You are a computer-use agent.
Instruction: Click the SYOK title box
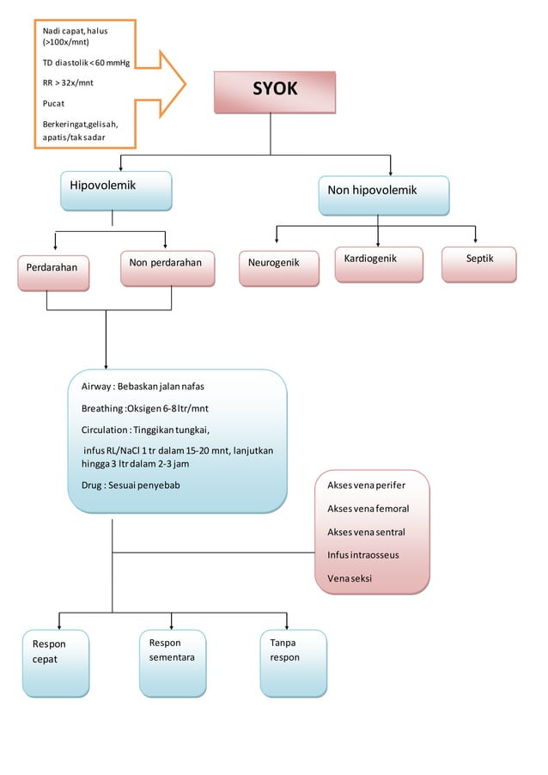[x=275, y=91]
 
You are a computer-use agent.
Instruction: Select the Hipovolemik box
[x=116, y=191]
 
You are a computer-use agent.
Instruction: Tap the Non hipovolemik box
[x=383, y=195]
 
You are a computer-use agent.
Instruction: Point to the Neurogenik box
[x=278, y=267]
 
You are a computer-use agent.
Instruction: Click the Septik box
[x=479, y=264]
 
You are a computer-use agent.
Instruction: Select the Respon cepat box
[x=55, y=662]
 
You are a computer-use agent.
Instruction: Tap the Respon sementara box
[x=172, y=662]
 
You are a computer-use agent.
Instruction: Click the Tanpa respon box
[x=293, y=662]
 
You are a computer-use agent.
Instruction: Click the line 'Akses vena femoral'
[x=368, y=509]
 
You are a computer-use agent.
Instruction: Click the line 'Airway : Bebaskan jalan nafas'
[x=143, y=386]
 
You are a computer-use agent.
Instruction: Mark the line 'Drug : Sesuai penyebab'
[x=131, y=485]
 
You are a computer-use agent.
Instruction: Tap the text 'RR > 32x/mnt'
[x=68, y=83]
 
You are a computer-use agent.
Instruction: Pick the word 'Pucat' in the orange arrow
[x=54, y=103]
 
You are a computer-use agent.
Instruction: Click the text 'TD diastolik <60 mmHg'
[x=86, y=63]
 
